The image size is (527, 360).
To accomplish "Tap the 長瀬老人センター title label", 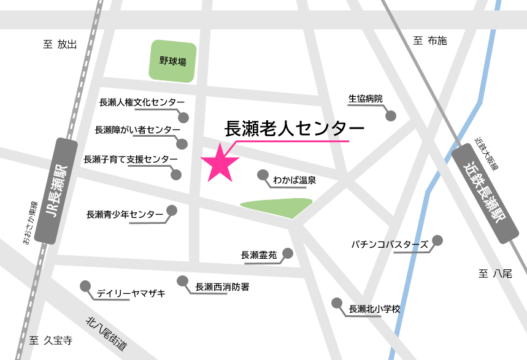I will point(295,128).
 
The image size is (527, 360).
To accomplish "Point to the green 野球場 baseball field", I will point(173,61).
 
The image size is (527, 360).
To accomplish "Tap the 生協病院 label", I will point(365,99).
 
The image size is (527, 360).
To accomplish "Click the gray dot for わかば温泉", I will point(263,174).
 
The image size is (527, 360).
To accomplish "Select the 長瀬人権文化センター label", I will point(142,102).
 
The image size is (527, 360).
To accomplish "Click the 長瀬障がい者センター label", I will point(138,130).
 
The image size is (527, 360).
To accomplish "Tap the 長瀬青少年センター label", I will point(125,215).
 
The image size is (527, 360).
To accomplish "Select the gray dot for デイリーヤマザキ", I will point(85,286).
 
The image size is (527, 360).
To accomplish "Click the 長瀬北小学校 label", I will point(374,309).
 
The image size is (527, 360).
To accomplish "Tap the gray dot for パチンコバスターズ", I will point(437,240).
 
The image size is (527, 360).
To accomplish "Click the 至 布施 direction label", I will point(430,41).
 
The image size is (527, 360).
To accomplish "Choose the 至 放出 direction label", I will point(60,44).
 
